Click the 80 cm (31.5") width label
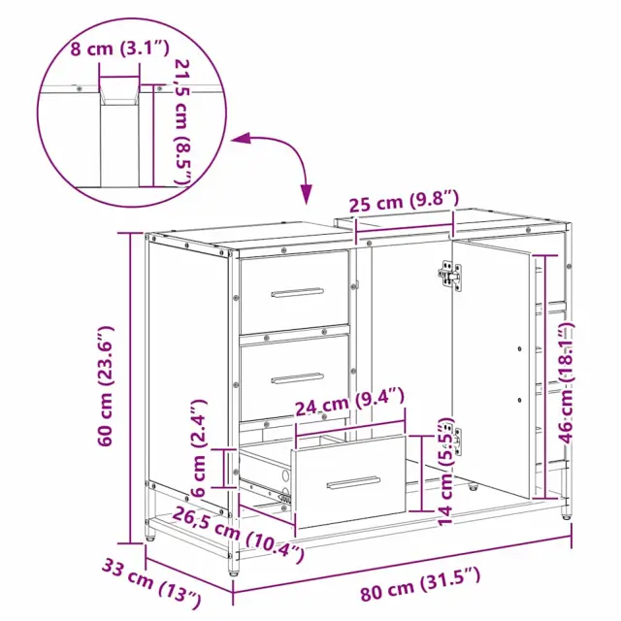point(420,583)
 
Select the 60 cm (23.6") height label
point(106,386)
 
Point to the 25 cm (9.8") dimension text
point(404,201)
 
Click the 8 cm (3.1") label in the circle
point(119,49)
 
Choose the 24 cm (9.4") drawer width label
point(350,401)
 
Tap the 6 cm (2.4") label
point(199,448)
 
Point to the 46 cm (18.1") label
point(566,382)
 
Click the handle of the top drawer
point(297,292)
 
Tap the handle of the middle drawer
point(297,378)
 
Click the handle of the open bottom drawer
point(353,482)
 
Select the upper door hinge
point(450,276)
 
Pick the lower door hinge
point(453,440)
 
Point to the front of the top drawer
point(294,292)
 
